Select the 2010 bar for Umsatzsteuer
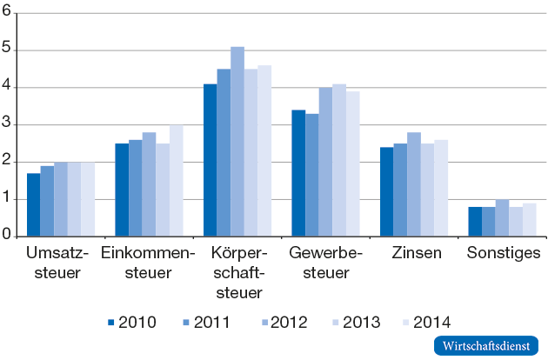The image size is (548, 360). coord(33,204)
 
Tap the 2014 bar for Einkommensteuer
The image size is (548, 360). coord(177,180)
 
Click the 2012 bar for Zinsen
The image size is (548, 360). coord(413,184)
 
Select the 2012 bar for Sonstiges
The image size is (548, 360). coord(502,217)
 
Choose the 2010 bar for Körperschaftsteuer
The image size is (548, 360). coord(210,160)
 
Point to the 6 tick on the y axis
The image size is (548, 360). coord(6,13)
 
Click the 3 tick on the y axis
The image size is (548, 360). coord(6,124)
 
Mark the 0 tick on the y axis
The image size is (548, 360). coord(6,236)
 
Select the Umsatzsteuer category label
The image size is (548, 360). coord(54,263)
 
